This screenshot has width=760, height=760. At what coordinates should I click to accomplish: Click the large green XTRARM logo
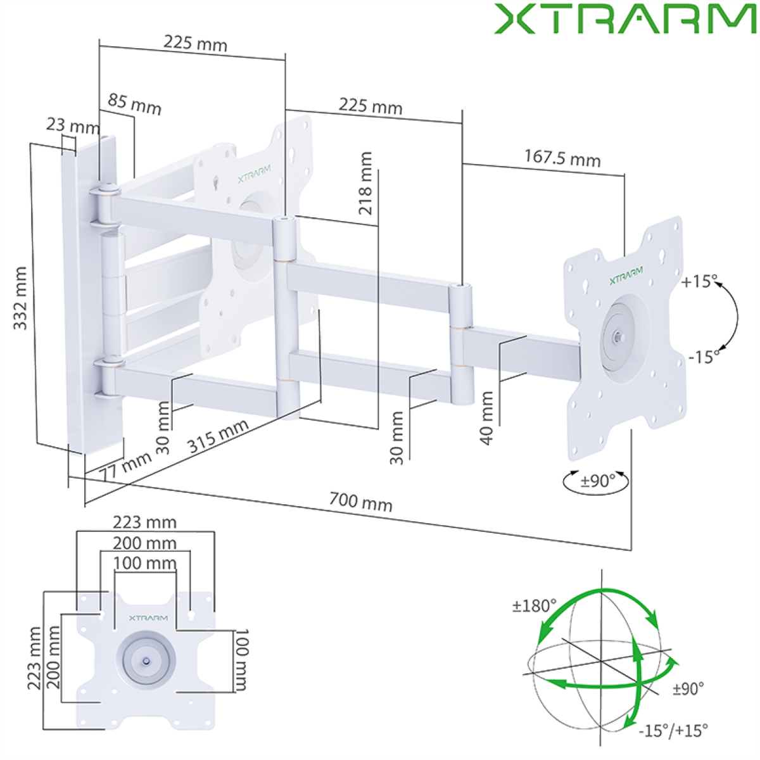click(626, 19)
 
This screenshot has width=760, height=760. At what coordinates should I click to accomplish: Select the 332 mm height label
click(20, 298)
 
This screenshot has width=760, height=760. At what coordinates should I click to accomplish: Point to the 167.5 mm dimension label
click(562, 158)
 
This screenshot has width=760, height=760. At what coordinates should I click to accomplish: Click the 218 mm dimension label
click(365, 183)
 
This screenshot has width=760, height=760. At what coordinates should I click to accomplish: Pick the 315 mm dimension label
click(218, 436)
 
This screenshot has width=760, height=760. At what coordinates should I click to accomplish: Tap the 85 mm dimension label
click(134, 104)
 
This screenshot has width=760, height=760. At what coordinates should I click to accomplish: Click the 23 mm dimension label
click(73, 125)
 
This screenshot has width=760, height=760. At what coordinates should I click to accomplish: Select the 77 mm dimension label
click(125, 465)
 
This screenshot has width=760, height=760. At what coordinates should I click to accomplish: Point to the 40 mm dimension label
click(487, 418)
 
